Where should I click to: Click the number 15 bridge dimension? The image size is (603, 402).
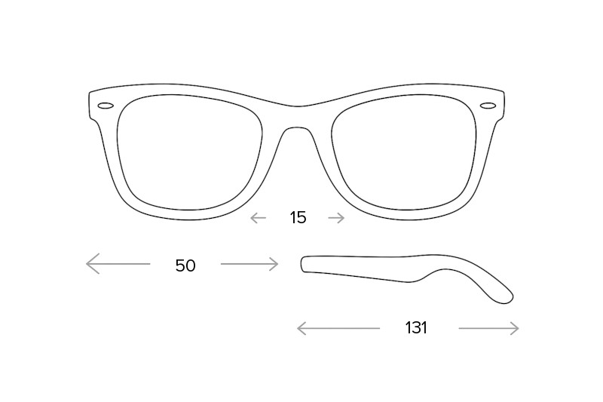pos(298,218)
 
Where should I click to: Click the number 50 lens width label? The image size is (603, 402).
pos(185,265)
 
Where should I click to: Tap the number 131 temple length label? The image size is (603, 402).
pos(416,328)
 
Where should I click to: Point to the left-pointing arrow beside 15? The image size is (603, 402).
pos(258,218)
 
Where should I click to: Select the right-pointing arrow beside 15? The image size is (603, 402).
pos(336,218)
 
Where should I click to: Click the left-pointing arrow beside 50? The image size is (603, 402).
pos(118,263)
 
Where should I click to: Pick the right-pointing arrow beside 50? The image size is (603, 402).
pos(249,264)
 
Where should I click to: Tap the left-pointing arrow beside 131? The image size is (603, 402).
pos(338,328)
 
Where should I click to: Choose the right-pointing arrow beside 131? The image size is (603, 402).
pos(488,328)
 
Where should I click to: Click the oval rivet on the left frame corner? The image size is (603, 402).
pos(106,106)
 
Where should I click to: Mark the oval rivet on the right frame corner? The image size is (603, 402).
pos(488,106)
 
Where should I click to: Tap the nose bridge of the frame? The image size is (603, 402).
pos(296,116)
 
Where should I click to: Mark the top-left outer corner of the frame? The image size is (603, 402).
pos(90,92)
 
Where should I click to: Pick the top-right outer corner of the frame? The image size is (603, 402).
pos(504,92)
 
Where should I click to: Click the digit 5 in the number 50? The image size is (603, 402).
pos(180,265)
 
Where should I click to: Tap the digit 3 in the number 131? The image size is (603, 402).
pos(416,328)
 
